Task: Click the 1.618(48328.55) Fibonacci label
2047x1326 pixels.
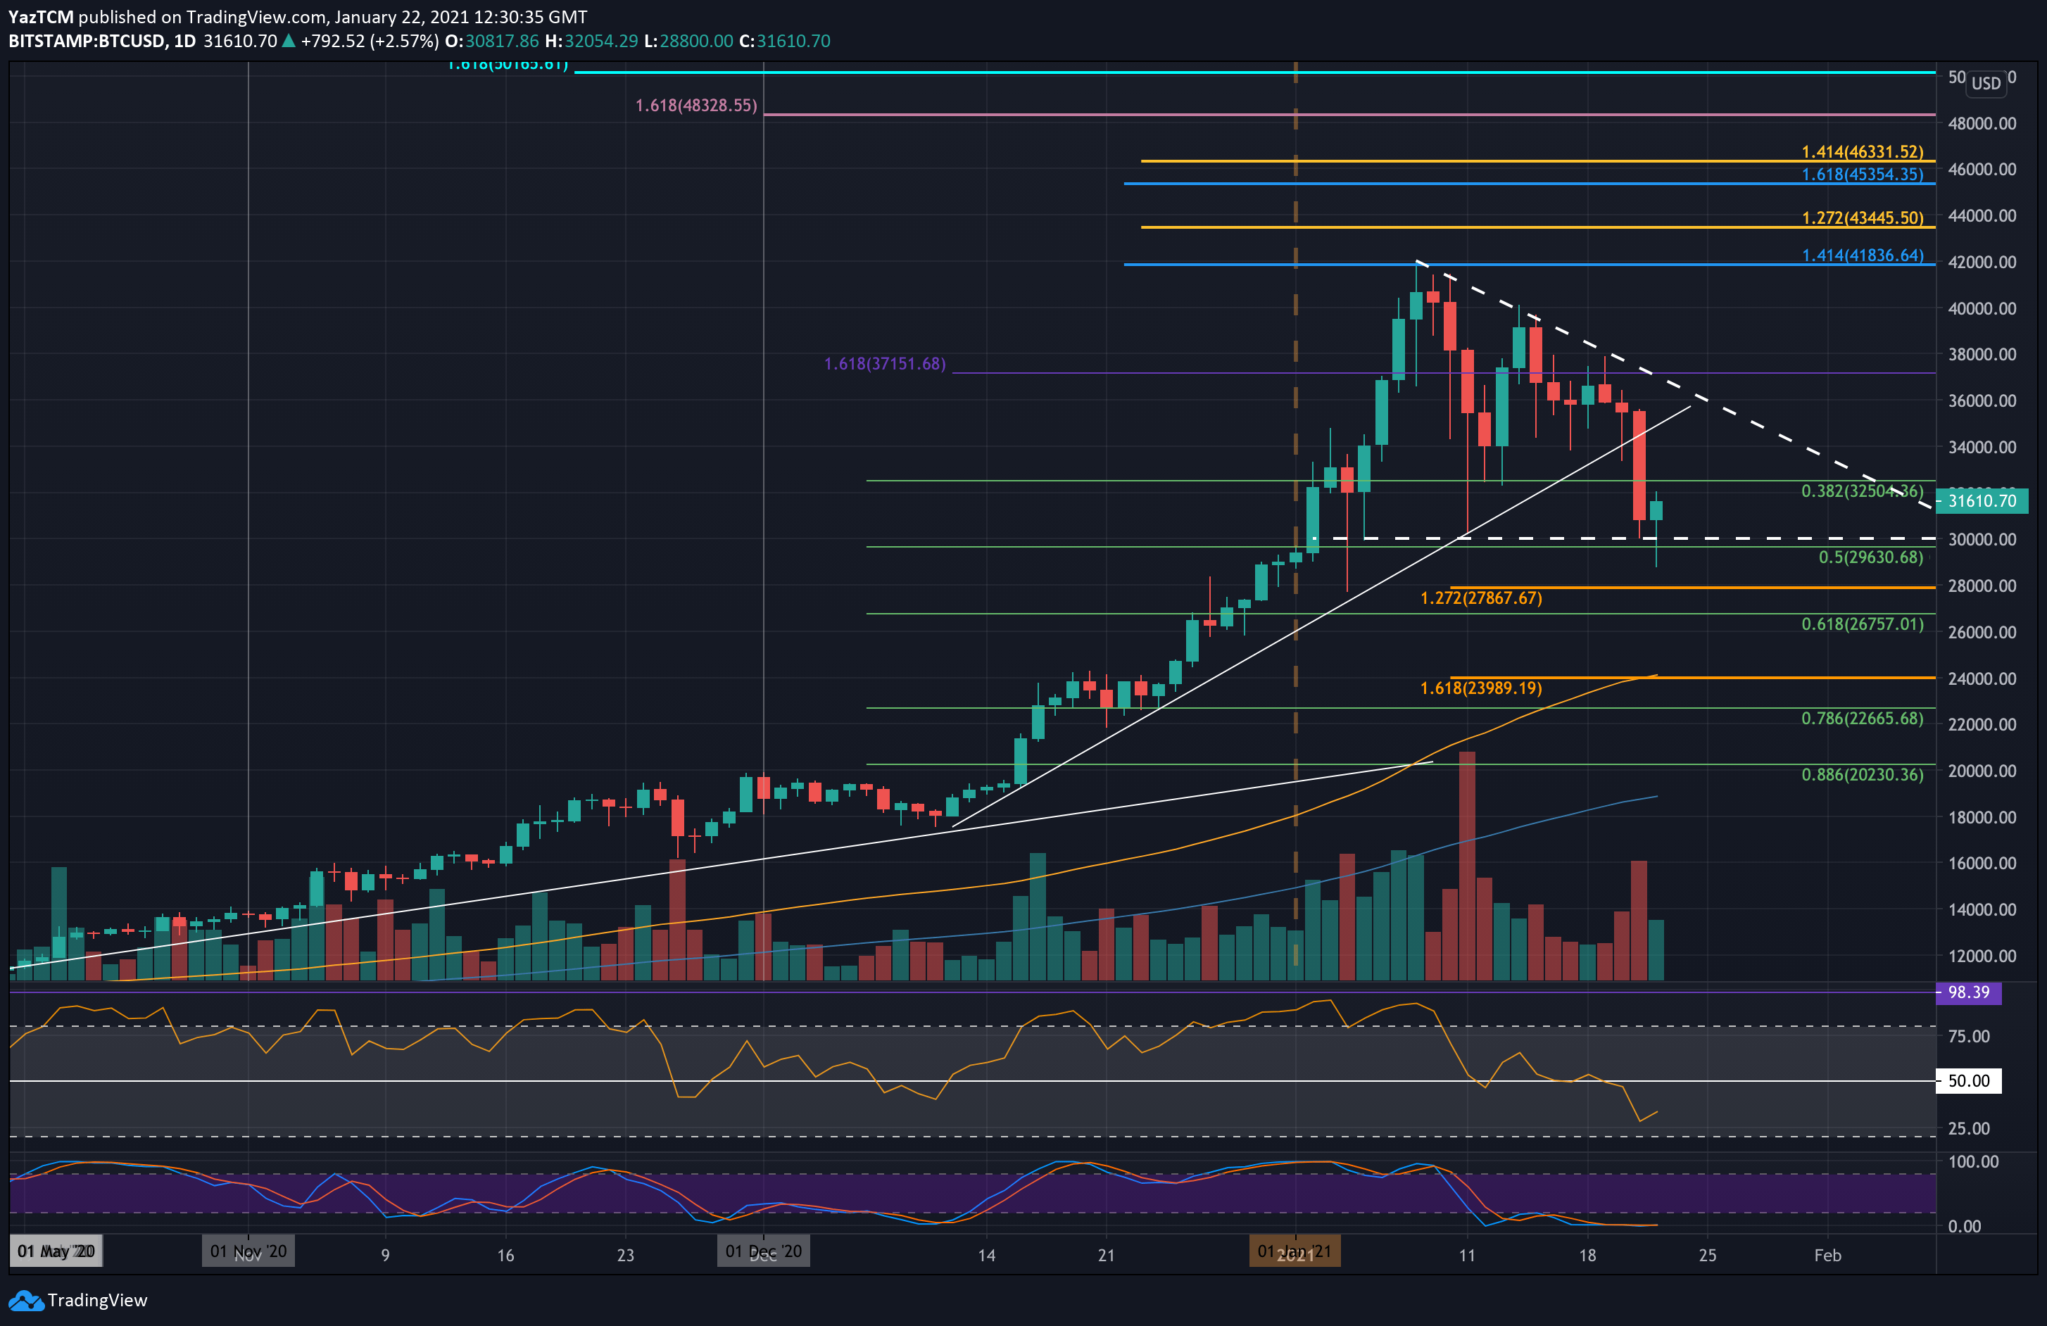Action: click(695, 106)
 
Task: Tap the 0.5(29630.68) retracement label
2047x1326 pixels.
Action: click(1870, 557)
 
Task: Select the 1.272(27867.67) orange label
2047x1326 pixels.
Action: click(1480, 598)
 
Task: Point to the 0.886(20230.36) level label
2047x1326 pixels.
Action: click(1862, 775)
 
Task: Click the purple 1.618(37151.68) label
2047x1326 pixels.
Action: click(884, 364)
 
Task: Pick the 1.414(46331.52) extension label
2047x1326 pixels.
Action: click(1862, 152)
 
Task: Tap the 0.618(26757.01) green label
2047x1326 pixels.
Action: click(1862, 624)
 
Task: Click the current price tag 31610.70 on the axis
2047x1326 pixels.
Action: click(1981, 500)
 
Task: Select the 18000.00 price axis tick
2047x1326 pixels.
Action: click(1981, 817)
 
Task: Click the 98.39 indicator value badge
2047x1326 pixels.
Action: click(1968, 992)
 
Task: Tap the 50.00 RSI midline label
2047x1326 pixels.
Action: click(1968, 1081)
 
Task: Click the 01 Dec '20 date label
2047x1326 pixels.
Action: click(763, 1251)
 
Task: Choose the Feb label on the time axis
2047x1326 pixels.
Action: click(1827, 1256)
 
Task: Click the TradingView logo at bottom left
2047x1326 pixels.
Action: click(78, 1300)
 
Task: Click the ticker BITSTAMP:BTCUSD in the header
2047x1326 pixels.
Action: click(87, 42)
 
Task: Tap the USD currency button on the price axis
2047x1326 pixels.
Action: click(1986, 84)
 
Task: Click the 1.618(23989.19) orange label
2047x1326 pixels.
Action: click(1480, 688)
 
